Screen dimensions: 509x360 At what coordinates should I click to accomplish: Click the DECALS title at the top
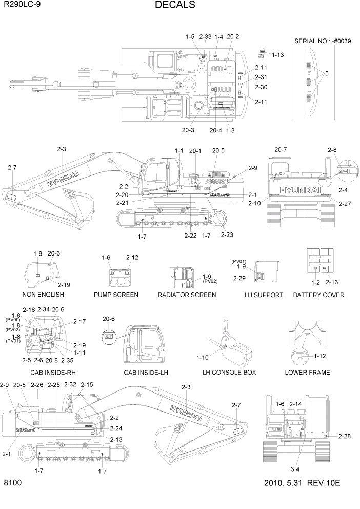[174, 6]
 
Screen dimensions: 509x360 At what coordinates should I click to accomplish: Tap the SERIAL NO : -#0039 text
[323, 41]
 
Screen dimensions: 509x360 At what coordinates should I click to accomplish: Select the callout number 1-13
[277, 55]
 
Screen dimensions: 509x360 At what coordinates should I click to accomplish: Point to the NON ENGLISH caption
[43, 295]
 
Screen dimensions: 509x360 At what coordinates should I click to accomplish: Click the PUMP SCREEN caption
[116, 295]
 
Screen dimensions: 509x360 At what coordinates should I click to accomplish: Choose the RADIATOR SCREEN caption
[187, 295]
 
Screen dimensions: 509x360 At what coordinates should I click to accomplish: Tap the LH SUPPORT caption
[264, 295]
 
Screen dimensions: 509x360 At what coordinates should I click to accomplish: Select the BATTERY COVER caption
[318, 295]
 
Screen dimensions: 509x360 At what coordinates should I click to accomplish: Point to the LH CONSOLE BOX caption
[229, 372]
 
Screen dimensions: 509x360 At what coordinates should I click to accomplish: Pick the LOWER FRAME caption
[307, 372]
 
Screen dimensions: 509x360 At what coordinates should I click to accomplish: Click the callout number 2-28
[345, 436]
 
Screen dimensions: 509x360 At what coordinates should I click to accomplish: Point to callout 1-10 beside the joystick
[203, 357]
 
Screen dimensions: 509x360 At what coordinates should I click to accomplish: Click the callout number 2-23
[227, 234]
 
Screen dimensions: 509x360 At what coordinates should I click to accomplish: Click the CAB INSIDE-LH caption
[146, 372]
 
